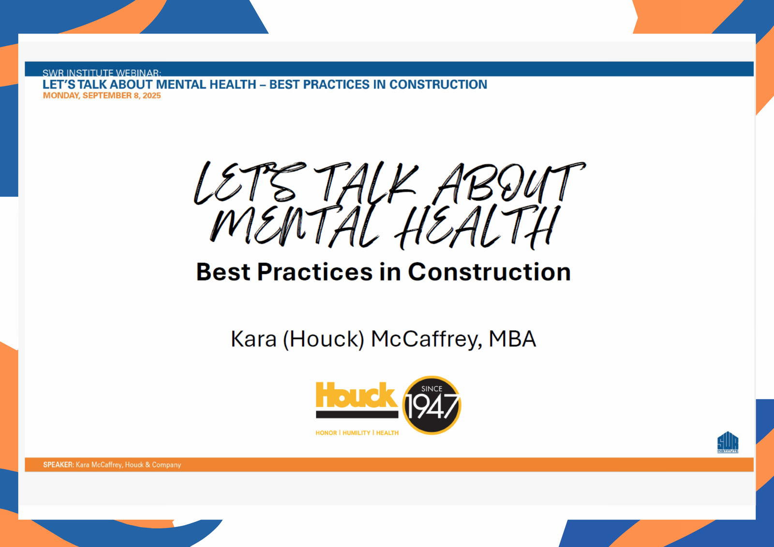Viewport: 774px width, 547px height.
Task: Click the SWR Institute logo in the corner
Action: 728,442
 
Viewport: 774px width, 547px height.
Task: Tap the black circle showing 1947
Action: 432,405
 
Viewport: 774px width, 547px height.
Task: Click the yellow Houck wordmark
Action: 357,395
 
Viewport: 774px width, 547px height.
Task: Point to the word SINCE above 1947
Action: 432,389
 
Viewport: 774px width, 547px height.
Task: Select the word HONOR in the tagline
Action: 326,433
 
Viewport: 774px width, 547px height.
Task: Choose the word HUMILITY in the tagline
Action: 356,433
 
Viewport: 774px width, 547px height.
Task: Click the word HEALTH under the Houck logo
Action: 387,433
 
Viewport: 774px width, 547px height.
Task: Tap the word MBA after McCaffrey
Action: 512,339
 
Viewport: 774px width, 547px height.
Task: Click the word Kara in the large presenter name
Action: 253,339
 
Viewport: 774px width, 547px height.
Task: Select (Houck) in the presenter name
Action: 324,340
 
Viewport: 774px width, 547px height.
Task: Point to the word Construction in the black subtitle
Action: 489,272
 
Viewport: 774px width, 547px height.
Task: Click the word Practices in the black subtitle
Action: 315,272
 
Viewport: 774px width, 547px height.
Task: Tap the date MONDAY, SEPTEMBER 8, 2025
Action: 102,96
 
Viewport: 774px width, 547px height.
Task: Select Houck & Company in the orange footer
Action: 153,465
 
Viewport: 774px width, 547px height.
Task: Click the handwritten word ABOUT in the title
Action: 509,183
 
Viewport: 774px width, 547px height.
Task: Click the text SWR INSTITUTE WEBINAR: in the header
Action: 102,73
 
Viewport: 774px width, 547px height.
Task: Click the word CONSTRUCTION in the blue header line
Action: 438,85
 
